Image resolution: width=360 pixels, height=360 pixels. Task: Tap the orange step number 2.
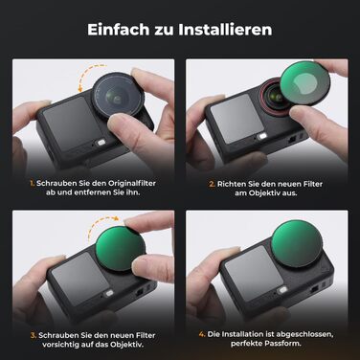coord(210,182)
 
